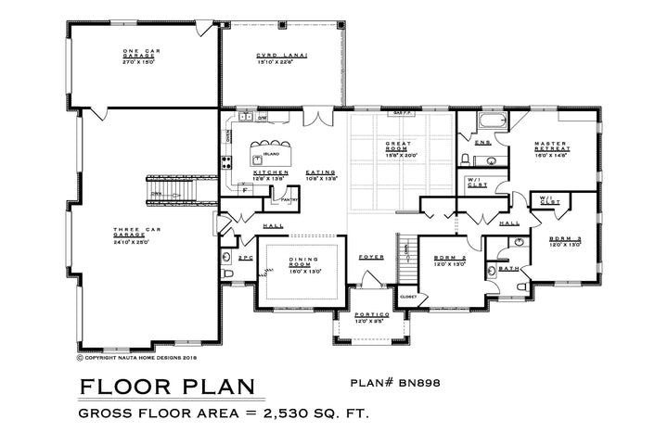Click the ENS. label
click(483, 143)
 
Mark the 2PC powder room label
click(246, 256)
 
